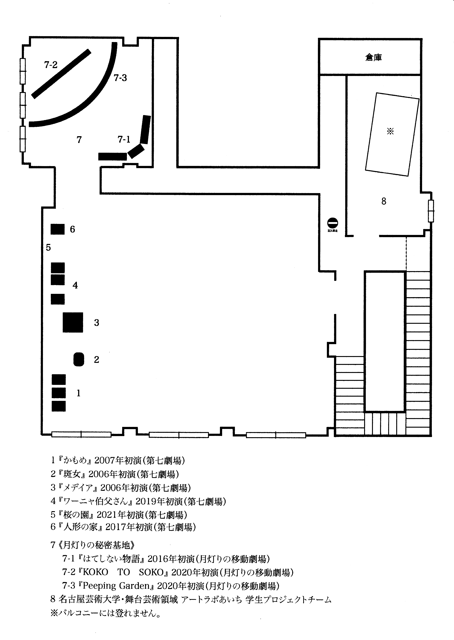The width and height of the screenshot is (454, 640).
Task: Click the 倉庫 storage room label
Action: [x=373, y=58]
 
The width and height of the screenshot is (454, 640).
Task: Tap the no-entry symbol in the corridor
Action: [x=333, y=223]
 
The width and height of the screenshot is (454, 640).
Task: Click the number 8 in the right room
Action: [x=384, y=201]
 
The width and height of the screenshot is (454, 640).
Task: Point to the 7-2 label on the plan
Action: [x=51, y=65]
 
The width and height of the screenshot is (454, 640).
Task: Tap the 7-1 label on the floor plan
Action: [x=124, y=139]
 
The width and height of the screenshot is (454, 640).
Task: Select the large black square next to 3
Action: [x=73, y=322]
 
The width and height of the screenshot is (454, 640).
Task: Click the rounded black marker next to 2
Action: [x=79, y=359]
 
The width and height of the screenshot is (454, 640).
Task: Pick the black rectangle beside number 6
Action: [x=58, y=229]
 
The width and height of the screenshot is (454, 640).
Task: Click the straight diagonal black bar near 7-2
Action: [x=61, y=74]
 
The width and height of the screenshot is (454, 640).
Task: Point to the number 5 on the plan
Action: [x=48, y=247]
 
